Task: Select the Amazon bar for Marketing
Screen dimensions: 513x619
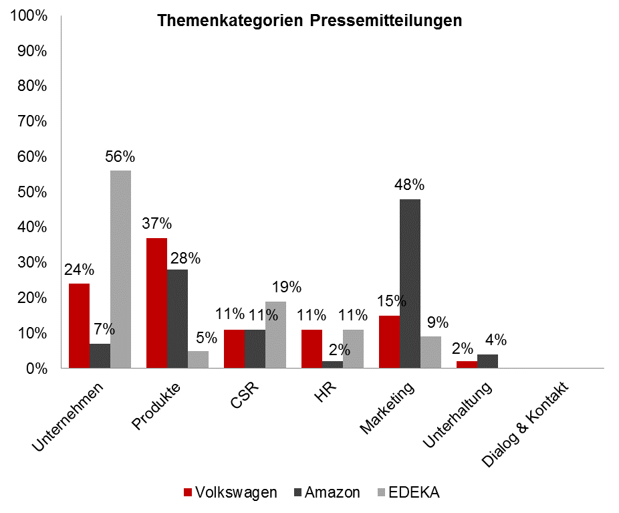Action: (410, 284)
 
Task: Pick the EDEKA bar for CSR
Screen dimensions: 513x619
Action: (275, 334)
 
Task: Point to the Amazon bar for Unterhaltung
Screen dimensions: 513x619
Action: (487, 361)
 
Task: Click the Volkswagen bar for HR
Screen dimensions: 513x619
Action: (312, 348)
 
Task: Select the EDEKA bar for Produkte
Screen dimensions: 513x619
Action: (198, 359)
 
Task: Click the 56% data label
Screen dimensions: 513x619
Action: (120, 157)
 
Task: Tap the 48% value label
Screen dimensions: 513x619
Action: (410, 185)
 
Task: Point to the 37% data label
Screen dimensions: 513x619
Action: (156, 223)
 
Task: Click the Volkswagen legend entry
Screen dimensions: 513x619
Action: (231, 493)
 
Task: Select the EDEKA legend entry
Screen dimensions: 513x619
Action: (410, 493)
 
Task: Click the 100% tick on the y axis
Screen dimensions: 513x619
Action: (29, 15)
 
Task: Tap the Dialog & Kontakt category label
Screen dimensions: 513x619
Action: (525, 425)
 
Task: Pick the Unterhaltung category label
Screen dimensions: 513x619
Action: (461, 415)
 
